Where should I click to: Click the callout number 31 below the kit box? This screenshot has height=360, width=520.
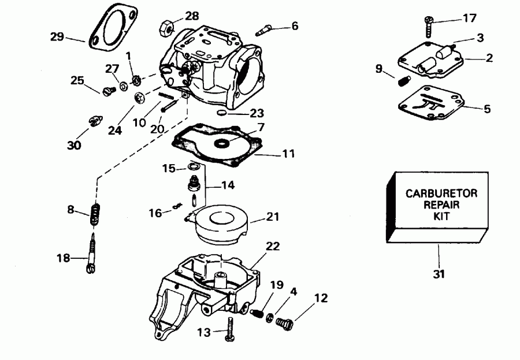tap(439, 273)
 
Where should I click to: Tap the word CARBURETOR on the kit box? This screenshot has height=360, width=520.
tap(441, 193)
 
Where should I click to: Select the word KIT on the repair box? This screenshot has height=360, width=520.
tap(441, 217)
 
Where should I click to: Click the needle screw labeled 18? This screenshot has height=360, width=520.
tap(92, 255)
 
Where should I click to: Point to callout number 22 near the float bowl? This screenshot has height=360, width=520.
tap(272, 247)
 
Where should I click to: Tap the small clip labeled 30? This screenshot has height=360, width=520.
tap(94, 121)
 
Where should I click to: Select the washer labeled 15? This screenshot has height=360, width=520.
tap(194, 168)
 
